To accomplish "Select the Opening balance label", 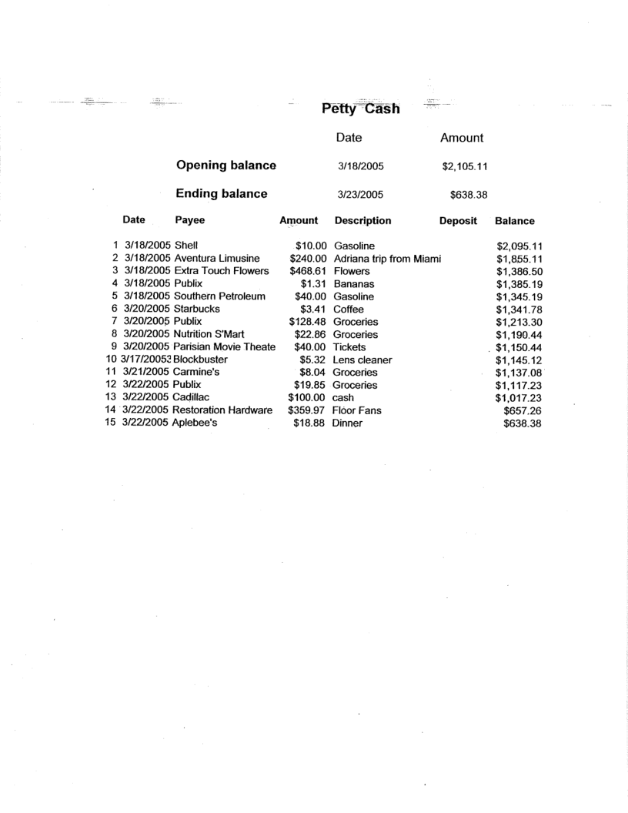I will pyautogui.click(x=226, y=165).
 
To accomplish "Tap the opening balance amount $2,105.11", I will pyautogui.click(x=462, y=166).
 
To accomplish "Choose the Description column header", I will pyautogui.click(x=362, y=221).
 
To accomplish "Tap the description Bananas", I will pyautogui.click(x=353, y=283).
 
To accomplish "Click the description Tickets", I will pyautogui.click(x=350, y=347).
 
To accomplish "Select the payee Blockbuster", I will pyautogui.click(x=203, y=360).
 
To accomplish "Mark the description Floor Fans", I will pyautogui.click(x=357, y=410).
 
